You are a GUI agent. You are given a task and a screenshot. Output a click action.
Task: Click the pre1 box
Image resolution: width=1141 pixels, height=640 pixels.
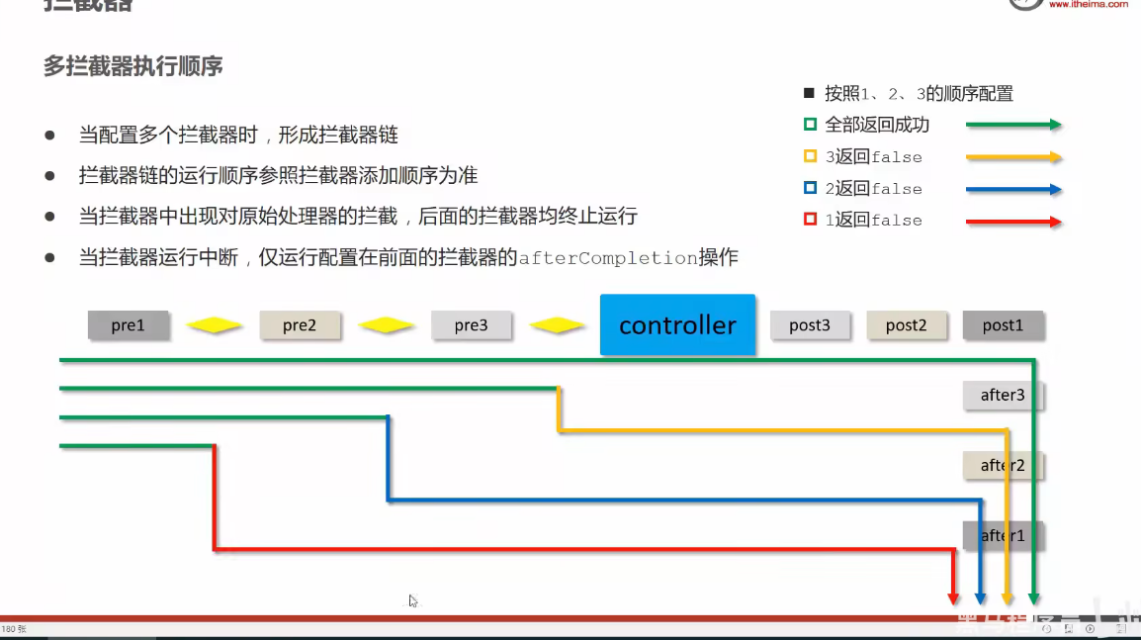point(128,324)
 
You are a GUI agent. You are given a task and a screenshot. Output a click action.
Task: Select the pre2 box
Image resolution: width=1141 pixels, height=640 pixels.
point(300,324)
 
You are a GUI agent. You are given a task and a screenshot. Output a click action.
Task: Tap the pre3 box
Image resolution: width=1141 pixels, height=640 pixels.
point(471,324)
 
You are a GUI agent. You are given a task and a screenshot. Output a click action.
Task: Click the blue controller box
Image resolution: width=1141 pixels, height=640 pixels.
point(677,324)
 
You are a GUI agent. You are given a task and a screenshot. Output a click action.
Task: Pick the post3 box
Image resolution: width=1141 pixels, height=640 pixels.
point(809,324)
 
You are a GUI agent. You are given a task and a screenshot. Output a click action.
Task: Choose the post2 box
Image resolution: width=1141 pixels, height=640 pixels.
point(905,324)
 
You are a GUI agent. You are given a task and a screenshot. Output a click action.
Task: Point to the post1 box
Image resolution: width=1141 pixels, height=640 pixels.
point(1002,324)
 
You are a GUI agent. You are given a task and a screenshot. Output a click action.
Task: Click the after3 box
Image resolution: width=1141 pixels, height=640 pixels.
point(1002,395)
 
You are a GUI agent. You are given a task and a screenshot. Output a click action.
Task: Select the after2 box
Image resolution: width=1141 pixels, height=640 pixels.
point(1002,465)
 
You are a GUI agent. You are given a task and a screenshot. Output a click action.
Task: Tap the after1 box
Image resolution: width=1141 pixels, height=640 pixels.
point(1002,535)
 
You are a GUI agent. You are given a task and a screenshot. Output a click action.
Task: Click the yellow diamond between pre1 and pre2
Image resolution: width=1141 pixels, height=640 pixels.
point(215,324)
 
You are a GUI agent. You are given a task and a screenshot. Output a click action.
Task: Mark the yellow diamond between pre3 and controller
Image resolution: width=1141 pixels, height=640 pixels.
point(558,324)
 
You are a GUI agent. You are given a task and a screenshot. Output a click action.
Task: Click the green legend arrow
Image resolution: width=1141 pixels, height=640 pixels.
point(1013,125)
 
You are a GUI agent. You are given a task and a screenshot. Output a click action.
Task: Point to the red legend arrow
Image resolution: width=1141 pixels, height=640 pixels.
point(1013,222)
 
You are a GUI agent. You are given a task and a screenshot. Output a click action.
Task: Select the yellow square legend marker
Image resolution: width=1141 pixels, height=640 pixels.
point(810,156)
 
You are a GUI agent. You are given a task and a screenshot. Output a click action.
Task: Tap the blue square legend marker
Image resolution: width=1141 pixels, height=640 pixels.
point(810,188)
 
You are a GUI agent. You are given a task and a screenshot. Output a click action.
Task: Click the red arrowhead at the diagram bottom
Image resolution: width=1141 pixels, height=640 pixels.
point(953,597)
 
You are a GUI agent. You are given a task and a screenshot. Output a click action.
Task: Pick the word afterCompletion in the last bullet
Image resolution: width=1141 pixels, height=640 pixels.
point(608,258)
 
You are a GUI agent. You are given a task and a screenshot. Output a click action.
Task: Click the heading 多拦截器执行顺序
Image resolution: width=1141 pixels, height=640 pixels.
point(132,66)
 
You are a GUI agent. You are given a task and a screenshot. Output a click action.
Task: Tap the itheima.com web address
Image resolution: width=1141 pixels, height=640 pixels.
point(1088,4)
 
